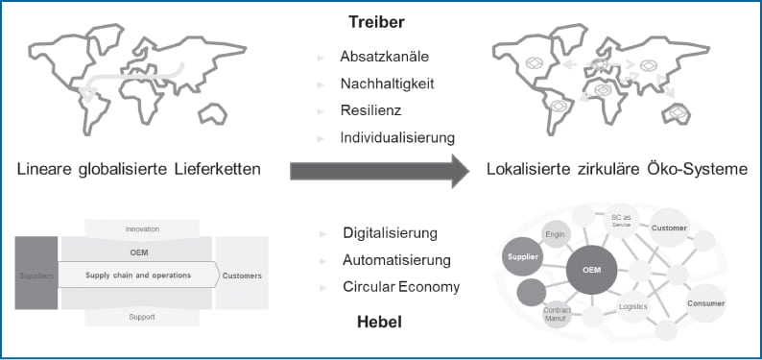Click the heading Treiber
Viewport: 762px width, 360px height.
(378, 20)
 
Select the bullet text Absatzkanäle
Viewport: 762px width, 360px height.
(383, 58)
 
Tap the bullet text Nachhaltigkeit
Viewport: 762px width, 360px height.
(387, 84)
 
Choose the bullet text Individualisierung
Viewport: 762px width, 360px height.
(396, 137)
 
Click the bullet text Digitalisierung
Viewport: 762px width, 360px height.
(390, 233)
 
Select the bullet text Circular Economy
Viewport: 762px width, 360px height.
(401, 287)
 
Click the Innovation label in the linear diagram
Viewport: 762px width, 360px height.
(142, 229)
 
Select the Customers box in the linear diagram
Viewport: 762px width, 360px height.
(241, 276)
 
